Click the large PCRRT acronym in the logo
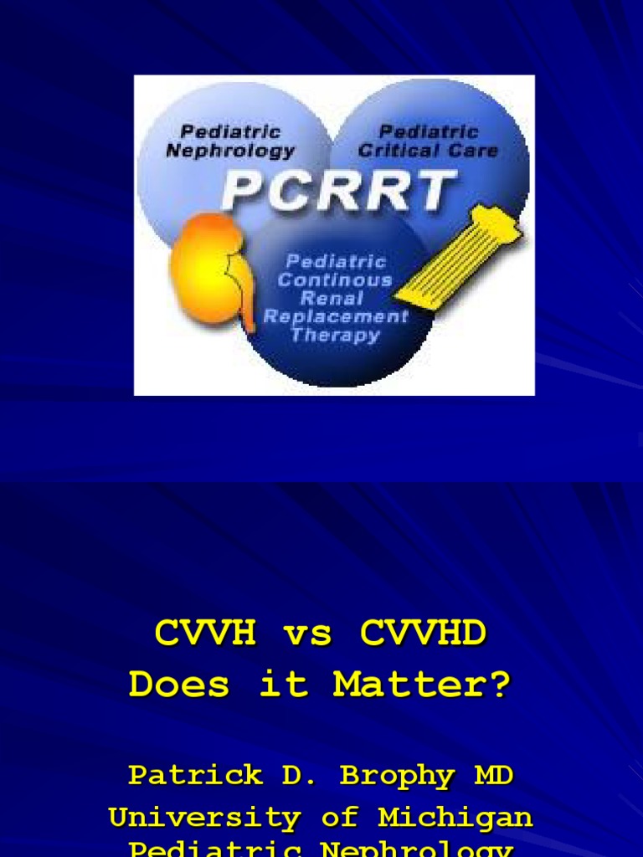click(x=339, y=191)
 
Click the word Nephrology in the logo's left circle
click(x=230, y=151)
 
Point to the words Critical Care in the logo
click(x=428, y=151)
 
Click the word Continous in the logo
click(x=335, y=280)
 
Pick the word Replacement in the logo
click(x=335, y=317)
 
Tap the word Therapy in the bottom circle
click(x=335, y=336)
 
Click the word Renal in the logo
click(x=332, y=299)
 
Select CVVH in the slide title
click(x=205, y=634)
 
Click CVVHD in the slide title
click(x=423, y=634)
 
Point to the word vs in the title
click(x=308, y=634)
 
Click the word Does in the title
click(x=179, y=685)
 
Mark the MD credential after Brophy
click(x=494, y=775)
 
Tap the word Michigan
click(x=455, y=817)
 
